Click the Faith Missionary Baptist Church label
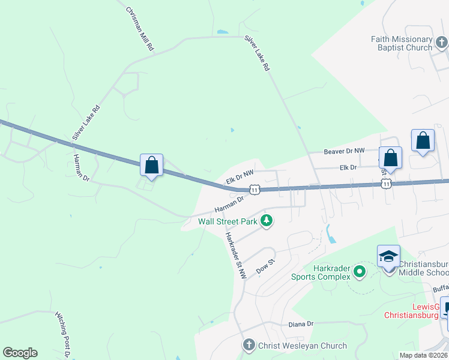point(402,43)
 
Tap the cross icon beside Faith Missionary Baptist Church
point(442,43)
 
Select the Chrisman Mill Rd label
point(140,29)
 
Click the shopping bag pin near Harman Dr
point(151,165)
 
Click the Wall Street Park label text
point(228,221)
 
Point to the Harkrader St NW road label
point(235,255)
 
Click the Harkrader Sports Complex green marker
point(360,272)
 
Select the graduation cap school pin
point(388,256)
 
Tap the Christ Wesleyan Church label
point(303,346)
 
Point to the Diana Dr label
point(301,324)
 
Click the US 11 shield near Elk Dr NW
point(256,190)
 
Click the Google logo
point(20,353)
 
